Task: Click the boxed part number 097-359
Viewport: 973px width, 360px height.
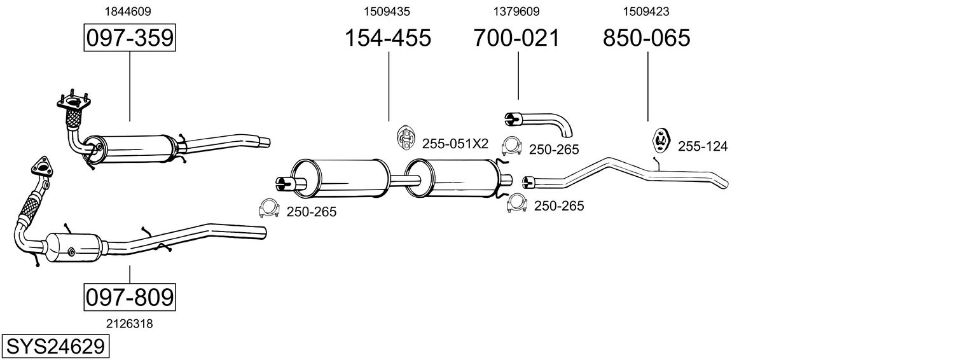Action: click(x=130, y=38)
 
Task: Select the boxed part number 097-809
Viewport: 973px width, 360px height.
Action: click(x=130, y=297)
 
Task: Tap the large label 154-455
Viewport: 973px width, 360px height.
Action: click(x=387, y=38)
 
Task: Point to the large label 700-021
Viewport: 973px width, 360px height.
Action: click(x=516, y=38)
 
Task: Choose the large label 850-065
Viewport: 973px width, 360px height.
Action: click(x=646, y=38)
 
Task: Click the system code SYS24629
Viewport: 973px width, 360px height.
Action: click(x=55, y=347)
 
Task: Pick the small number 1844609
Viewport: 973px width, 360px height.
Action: click(x=130, y=11)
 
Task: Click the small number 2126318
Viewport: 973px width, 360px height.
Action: click(x=130, y=324)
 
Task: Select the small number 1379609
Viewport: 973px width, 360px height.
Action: click(x=516, y=11)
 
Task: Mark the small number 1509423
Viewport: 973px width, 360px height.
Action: click(x=646, y=11)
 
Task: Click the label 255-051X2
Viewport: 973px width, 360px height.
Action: click(x=455, y=144)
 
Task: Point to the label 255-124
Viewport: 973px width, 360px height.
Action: click(x=702, y=147)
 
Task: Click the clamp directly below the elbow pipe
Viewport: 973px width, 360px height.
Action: click(x=512, y=147)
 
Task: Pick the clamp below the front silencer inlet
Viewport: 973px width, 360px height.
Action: click(x=270, y=209)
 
